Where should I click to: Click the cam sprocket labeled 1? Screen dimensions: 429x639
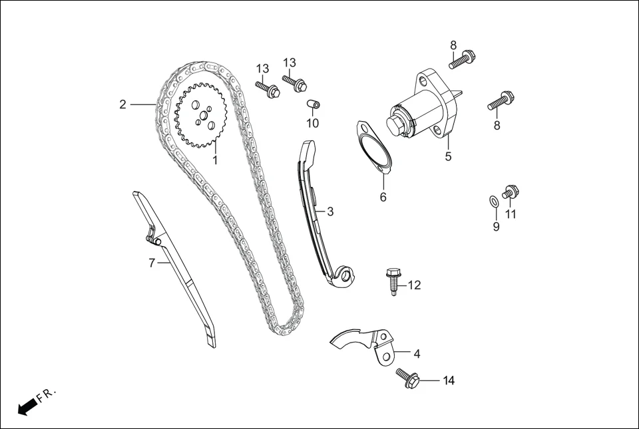200,116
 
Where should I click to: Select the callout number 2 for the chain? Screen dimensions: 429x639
122,104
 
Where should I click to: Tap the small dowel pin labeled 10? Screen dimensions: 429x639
313,104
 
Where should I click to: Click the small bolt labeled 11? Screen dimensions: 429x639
510,193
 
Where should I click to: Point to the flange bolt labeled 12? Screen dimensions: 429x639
392,281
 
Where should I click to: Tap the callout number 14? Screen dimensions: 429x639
449,381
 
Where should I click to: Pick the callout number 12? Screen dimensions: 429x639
414,285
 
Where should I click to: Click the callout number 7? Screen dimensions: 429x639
152,263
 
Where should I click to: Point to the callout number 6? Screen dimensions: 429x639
383,198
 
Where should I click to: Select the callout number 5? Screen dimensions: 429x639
448,157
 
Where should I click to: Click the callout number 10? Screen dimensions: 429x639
312,123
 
